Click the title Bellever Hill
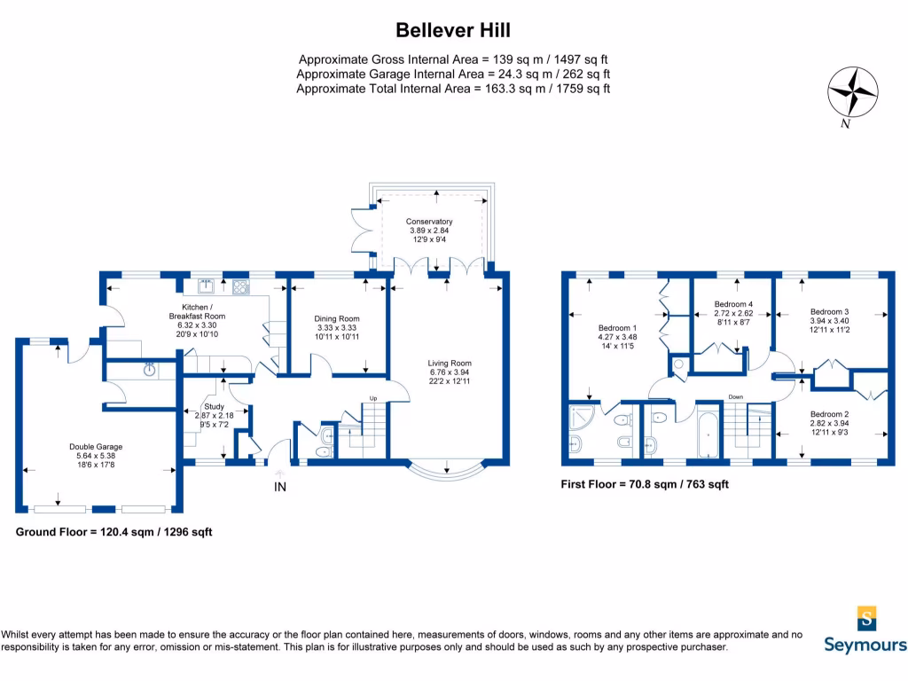point(453,30)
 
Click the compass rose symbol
point(852,92)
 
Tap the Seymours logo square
point(865,618)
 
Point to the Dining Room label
point(337,318)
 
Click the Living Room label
point(450,363)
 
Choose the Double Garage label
point(96,446)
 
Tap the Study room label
point(212,407)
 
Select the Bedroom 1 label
point(621,327)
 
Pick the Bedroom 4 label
point(732,304)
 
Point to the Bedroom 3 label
point(829,311)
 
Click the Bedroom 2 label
point(829,414)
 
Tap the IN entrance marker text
point(280,487)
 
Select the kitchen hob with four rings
point(239,286)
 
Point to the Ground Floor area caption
point(113,532)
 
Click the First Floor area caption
point(645,485)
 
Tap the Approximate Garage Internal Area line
point(453,74)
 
